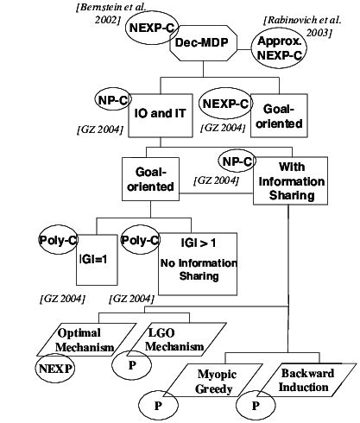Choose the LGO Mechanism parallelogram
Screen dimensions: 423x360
pyautogui.click(x=167, y=339)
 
